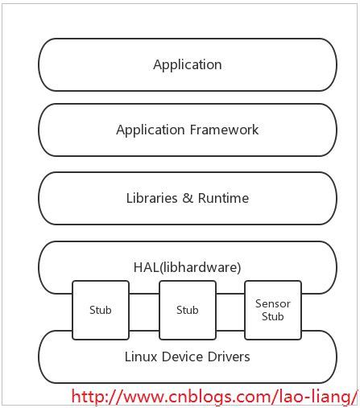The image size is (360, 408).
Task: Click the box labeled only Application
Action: coord(187,64)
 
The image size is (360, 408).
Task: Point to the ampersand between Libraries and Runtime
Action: coord(187,197)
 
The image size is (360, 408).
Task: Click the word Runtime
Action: coord(221,197)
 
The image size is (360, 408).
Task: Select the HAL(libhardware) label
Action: coord(187,266)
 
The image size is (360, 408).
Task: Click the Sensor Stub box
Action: coord(272,310)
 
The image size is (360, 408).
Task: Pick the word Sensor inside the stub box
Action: coord(272,303)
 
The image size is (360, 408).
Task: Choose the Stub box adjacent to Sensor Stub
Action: coord(187,310)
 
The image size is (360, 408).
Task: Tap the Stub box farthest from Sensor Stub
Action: coord(100,310)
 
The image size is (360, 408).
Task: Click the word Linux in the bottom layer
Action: coord(140,356)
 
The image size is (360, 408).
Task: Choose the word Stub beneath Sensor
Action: coord(272,316)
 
